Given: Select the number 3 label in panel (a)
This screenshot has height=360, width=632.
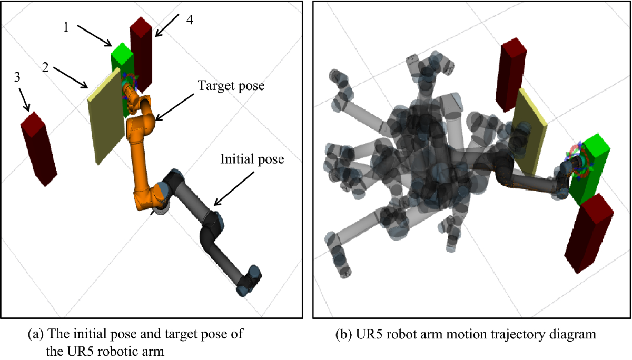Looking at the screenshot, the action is point(18,77).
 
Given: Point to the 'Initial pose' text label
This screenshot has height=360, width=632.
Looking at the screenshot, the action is point(252,158).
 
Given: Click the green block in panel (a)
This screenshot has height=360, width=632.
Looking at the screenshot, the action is point(121,58).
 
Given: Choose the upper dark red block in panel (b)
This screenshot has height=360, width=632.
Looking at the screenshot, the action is point(510,74).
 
